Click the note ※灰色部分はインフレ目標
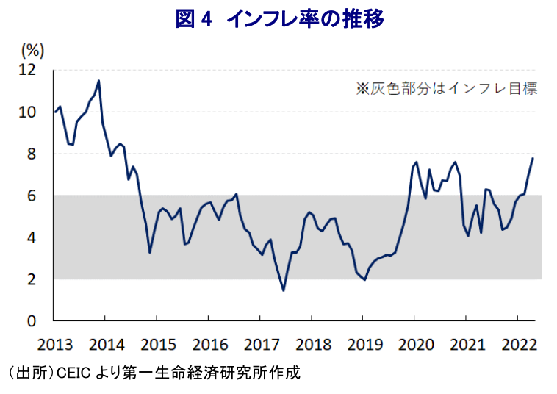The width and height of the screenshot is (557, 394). coord(447,88)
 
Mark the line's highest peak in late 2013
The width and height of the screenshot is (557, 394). coord(98,81)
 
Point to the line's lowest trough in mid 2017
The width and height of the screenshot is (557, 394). coord(283,290)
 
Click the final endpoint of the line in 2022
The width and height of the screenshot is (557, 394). coord(533,159)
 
